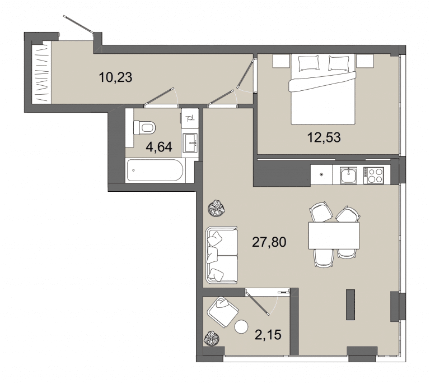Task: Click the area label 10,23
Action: tap(115, 77)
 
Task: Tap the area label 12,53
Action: tap(324, 137)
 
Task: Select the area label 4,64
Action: tap(159, 147)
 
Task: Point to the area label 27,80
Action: tap(269, 242)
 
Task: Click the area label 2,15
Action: tap(268, 335)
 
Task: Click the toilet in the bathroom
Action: tap(144, 128)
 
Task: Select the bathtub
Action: tap(155, 170)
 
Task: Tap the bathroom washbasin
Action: tap(190, 143)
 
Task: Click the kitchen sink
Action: tap(348, 176)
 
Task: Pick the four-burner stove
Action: tap(373, 176)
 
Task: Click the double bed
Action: tap(323, 89)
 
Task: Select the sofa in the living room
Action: tap(222, 255)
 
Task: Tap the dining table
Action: tap(334, 236)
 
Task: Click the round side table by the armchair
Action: tap(241, 327)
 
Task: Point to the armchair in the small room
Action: tap(223, 312)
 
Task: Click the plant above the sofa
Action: tap(216, 209)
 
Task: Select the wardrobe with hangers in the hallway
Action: tap(41, 73)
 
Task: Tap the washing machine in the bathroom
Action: tap(190, 118)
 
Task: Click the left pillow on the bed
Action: tap(309, 63)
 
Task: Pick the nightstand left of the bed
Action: tap(281, 61)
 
